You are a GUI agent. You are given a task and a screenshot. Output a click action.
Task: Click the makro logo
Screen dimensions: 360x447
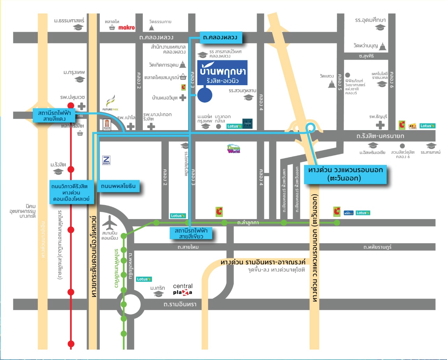pos(126,28)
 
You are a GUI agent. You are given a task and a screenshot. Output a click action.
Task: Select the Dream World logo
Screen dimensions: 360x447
pos(234,149)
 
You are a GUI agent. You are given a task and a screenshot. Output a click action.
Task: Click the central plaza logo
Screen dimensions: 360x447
pos(183,289)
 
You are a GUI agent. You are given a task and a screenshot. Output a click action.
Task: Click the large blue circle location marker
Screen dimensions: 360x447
pos(205,95)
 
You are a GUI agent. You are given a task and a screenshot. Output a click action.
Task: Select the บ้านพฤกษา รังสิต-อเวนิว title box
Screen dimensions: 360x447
pos(222,73)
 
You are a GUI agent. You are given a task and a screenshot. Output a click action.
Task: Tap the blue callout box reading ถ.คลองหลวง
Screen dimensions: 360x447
pos(220,37)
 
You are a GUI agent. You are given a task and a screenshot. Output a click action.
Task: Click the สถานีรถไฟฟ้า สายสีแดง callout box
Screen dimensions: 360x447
pos(54,116)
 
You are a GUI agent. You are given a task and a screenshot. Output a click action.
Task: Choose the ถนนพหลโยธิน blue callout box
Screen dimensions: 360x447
pos(118,186)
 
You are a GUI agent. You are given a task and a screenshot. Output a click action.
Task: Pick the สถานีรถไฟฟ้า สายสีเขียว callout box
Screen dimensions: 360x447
pos(191,233)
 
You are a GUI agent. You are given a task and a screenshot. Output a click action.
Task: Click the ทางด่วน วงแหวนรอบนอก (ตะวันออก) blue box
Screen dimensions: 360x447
pos(345,174)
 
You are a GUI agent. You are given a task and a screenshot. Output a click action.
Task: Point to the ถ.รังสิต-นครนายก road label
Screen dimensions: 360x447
pos(380,136)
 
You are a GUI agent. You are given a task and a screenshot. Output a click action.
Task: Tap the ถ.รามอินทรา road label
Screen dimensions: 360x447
pos(180,305)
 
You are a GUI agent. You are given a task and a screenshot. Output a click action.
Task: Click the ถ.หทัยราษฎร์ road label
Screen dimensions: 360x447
pos(377,247)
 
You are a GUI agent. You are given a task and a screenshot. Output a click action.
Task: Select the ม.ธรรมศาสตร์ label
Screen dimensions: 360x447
pos(69,21)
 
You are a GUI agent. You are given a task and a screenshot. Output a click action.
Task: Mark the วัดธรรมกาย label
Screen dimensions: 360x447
pos(160,22)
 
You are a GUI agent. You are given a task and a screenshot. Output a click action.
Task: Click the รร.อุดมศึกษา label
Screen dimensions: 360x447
pos(370,20)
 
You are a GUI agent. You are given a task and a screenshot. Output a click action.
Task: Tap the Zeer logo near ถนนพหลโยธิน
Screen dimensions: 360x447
pos(106,160)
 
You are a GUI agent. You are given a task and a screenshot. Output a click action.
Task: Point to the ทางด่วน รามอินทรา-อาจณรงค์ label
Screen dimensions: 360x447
pos(263,262)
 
